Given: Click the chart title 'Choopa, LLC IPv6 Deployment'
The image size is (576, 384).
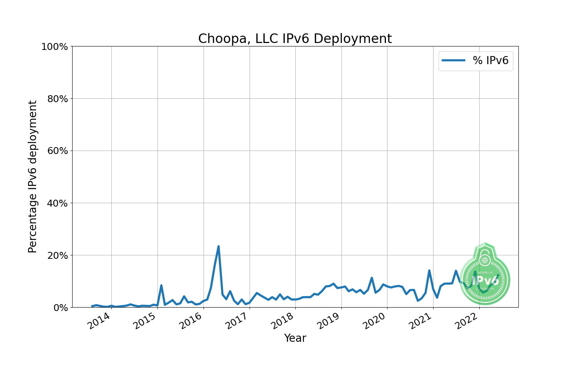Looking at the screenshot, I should [295, 39].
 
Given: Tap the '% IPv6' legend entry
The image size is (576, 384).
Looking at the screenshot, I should [490, 61].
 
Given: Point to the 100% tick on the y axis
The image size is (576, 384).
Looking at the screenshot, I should [55, 47].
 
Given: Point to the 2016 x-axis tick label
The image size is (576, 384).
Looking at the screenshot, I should [191, 321].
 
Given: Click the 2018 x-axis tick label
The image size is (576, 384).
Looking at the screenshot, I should [283, 321].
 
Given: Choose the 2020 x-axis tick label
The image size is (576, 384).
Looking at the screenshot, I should [375, 321].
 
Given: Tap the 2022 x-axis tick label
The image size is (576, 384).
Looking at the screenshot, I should [467, 321].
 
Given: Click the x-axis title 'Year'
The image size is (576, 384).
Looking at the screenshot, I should [295, 338].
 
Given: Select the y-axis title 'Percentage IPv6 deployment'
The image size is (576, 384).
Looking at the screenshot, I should [33, 177].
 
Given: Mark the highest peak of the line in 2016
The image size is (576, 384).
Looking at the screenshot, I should [218, 247].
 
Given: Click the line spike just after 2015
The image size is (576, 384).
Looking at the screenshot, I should [161, 285].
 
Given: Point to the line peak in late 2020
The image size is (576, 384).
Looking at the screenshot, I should [429, 271].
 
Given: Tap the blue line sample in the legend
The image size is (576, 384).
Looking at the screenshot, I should [454, 61].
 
